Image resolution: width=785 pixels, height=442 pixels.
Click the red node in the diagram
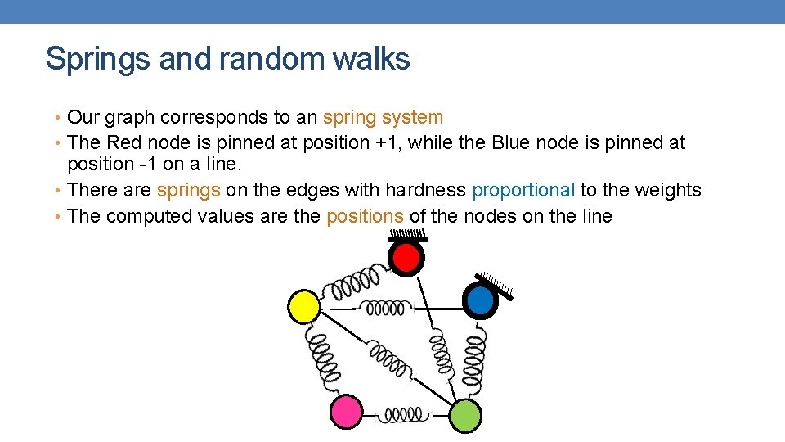pos(406,259)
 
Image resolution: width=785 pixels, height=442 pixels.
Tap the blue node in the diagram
pos(480,300)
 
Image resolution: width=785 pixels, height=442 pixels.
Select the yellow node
pos(304,306)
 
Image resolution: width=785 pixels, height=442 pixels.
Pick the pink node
pos(346,410)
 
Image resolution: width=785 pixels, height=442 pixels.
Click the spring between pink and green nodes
pos(404,416)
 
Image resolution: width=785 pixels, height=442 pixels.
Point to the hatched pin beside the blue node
pos(496,284)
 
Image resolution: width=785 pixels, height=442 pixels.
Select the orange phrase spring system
pos(383,118)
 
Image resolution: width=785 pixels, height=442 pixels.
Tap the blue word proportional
pos(523,190)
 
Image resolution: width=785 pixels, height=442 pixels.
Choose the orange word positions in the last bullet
pos(365,216)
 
